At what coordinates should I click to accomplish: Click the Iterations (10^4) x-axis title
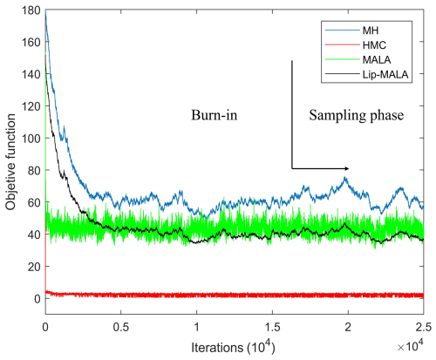pos(234,346)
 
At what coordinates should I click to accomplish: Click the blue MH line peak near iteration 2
pos(346,179)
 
